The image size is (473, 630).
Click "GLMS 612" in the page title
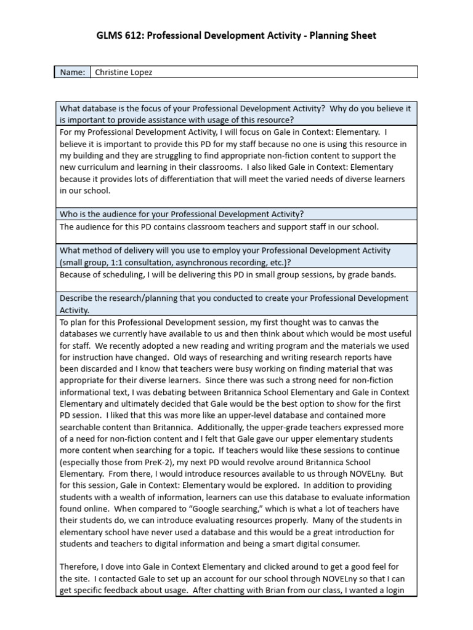tap(118, 36)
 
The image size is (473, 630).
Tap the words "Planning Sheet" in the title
tap(344, 36)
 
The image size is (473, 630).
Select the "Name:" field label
tap(72, 73)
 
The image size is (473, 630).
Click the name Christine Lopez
tap(123, 73)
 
